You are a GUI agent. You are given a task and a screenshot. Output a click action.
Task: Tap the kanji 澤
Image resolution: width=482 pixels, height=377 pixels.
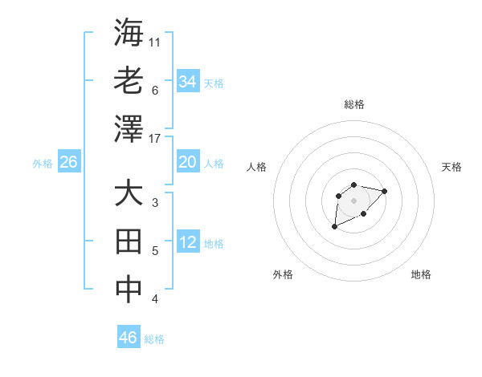click(129, 128)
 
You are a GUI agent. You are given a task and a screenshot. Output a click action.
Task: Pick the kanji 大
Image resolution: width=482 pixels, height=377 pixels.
click(129, 194)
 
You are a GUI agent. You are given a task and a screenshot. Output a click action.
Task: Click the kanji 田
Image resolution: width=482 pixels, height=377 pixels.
click(129, 241)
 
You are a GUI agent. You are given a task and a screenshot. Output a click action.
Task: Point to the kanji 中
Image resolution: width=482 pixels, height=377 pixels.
click(129, 290)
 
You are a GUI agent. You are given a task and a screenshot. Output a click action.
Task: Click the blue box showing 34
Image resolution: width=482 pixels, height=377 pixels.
click(188, 81)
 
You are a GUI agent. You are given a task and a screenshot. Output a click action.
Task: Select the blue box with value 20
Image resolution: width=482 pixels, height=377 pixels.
click(188, 162)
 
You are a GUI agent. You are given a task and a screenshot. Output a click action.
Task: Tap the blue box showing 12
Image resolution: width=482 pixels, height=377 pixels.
click(188, 243)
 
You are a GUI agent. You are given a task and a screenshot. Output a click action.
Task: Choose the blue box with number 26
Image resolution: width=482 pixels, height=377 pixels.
click(69, 162)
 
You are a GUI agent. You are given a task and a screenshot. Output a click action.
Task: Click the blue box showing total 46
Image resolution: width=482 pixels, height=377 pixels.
click(129, 338)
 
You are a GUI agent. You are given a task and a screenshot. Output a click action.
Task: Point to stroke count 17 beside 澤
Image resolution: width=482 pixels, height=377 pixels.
click(156, 139)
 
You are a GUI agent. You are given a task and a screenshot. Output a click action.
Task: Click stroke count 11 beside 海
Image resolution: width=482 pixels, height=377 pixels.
click(155, 42)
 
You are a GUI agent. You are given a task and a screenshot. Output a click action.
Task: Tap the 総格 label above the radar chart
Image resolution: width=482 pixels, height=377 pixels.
click(354, 104)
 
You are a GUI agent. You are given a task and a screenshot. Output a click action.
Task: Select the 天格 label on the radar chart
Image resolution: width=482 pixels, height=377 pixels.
click(451, 167)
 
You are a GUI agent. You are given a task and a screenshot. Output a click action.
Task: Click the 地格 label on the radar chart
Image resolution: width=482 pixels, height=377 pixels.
click(421, 274)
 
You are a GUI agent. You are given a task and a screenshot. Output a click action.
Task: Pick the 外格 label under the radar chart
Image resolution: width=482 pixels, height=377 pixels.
click(283, 274)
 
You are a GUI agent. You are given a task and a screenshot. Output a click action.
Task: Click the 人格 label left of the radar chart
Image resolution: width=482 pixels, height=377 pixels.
click(257, 167)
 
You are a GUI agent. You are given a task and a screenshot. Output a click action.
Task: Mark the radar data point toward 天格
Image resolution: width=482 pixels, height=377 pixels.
click(385, 191)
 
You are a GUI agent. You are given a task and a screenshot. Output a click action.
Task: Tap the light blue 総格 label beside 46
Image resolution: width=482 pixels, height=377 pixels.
click(154, 339)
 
